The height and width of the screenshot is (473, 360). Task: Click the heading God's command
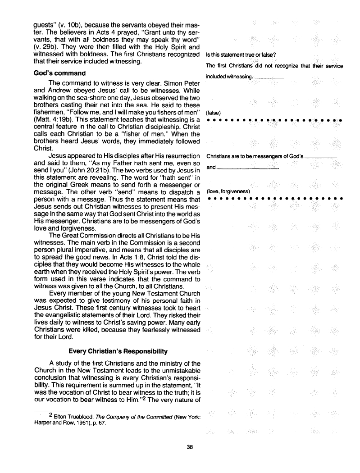[x=60, y=73]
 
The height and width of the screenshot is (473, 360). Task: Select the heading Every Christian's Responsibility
[x=118, y=350]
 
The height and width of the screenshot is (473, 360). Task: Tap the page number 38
[x=189, y=447]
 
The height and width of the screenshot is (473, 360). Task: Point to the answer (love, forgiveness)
[x=228, y=191]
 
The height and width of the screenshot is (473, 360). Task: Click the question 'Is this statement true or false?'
[x=237, y=55]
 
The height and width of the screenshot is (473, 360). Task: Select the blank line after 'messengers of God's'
[x=321, y=156]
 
